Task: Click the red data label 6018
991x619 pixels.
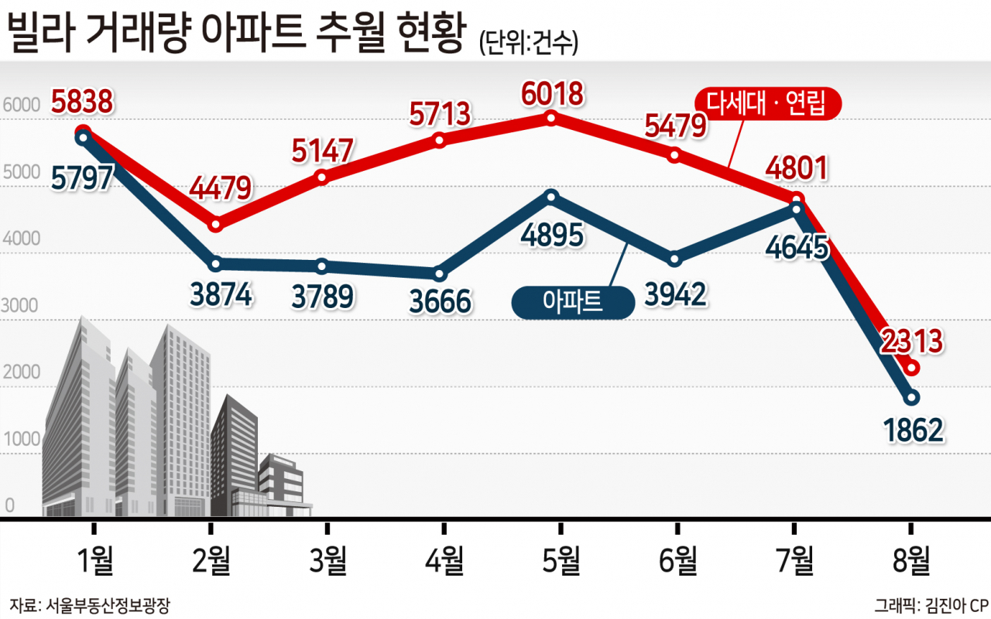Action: (x=553, y=94)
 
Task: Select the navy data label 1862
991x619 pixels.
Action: (x=914, y=429)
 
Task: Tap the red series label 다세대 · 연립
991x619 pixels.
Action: (x=767, y=104)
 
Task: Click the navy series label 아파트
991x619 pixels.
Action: (x=573, y=303)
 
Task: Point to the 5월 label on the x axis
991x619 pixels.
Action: (x=561, y=560)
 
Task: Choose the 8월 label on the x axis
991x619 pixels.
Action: (x=911, y=560)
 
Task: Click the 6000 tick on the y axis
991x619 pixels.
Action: (x=21, y=104)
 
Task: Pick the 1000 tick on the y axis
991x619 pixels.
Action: (x=22, y=439)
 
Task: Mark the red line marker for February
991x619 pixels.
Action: (x=215, y=224)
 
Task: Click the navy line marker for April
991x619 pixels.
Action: (x=439, y=274)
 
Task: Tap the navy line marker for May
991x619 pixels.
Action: (x=551, y=197)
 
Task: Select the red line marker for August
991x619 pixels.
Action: (x=912, y=368)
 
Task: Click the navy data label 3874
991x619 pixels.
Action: (x=221, y=295)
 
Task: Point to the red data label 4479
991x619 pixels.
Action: (x=221, y=188)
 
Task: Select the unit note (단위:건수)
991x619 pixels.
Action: (x=529, y=43)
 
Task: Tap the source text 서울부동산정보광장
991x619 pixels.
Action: (x=108, y=605)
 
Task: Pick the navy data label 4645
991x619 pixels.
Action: (x=797, y=248)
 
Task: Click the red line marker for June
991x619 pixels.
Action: (x=674, y=156)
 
